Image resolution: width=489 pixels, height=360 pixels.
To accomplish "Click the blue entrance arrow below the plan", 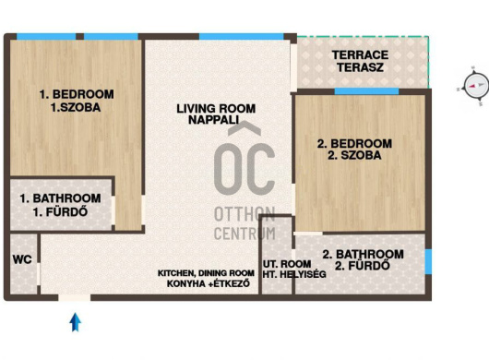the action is [x=75, y=322].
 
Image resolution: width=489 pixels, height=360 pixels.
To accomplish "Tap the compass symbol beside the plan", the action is [x=475, y=86].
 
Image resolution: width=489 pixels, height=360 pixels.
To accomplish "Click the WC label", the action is [x=22, y=259].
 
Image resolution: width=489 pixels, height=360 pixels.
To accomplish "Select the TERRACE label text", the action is [x=360, y=55].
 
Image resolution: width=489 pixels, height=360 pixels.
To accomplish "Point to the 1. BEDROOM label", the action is [x=77, y=94].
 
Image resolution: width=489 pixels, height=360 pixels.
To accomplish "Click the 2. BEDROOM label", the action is [x=354, y=143].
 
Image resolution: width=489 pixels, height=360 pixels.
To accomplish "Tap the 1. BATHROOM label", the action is [x=61, y=198].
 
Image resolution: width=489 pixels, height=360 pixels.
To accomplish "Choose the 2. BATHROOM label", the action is [x=363, y=254].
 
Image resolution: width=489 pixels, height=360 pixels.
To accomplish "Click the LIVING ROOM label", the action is [x=216, y=109].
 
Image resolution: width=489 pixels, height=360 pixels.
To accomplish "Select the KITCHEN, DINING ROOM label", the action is [x=206, y=273].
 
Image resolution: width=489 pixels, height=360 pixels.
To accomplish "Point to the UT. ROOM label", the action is [x=287, y=264].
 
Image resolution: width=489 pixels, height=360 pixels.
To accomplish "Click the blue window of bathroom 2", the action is [x=428, y=261].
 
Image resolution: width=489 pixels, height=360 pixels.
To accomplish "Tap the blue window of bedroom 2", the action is [x=367, y=91].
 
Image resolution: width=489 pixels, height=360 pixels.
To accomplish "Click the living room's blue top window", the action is [x=242, y=37].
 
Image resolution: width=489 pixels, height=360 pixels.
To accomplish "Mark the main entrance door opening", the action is [x=75, y=297].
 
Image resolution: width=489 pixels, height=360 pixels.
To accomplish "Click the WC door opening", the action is [x=39, y=274].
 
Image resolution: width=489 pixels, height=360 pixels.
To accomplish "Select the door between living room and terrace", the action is [x=293, y=67].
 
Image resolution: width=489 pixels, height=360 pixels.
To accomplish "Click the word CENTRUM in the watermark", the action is [x=244, y=234].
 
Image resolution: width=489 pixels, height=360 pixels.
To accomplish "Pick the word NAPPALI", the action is [x=214, y=120].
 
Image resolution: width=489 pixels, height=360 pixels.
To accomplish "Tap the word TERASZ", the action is [x=360, y=67].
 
